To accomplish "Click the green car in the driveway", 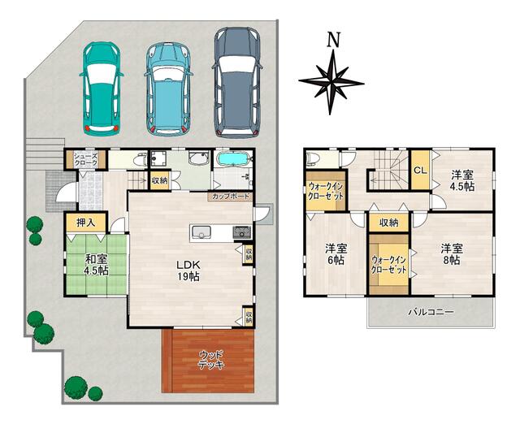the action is [x=101, y=89].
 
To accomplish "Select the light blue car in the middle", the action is [x=168, y=89].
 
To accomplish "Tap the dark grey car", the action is [x=237, y=83].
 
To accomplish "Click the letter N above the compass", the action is [x=334, y=40].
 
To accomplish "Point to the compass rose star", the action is [x=331, y=82].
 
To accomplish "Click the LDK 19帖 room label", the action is [x=188, y=270].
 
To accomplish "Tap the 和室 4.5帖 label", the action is [x=96, y=265].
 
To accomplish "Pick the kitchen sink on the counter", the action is [x=201, y=231].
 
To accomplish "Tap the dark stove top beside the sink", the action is [x=242, y=232].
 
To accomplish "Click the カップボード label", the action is [x=231, y=197].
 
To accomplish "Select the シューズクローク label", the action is [x=85, y=159].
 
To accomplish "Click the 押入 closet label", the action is [x=86, y=223].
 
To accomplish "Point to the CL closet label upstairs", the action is [x=420, y=171].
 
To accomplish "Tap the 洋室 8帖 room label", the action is [x=452, y=254].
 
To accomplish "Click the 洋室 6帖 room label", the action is [x=336, y=254].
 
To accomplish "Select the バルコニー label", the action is [x=431, y=312].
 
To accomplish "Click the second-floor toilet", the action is [x=313, y=160].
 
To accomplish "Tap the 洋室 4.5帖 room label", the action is [x=462, y=180].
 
